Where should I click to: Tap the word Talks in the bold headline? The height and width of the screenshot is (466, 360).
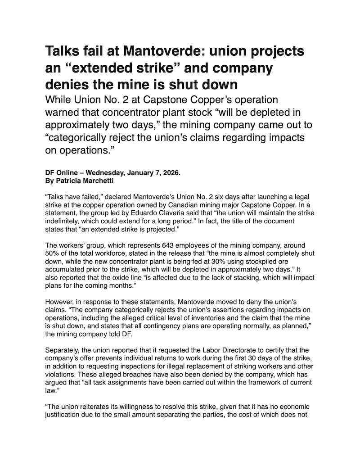[x=64, y=53]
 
